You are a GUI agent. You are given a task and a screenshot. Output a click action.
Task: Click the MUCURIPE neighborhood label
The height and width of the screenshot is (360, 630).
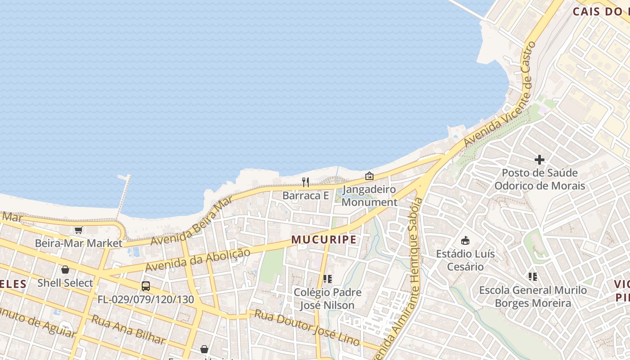324,239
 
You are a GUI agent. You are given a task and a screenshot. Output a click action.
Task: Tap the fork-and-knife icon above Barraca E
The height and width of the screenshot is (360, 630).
306,182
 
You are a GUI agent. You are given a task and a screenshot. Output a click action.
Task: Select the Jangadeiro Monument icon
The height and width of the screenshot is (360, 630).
369,176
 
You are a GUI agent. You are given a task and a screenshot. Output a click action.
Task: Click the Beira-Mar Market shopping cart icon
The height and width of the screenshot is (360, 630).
79,230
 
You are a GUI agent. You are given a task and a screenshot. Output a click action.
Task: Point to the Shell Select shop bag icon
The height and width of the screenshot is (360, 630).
65,270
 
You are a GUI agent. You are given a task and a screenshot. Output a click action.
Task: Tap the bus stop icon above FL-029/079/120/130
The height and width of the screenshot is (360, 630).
146,286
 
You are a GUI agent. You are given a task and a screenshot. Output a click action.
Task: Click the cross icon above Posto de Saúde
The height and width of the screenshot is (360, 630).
540,159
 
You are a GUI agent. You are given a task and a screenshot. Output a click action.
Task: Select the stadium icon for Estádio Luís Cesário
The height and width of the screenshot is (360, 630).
465,241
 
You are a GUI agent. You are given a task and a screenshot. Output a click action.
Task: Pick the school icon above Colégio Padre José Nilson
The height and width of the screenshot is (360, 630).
328,279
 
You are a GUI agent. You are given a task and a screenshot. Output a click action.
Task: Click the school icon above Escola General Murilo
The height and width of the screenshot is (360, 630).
533,277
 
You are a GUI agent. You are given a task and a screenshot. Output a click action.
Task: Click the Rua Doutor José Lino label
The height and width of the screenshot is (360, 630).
307,328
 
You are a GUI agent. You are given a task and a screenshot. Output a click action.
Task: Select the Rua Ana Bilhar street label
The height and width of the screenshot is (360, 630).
128,329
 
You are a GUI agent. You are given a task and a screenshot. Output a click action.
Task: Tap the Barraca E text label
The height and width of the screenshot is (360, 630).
306,196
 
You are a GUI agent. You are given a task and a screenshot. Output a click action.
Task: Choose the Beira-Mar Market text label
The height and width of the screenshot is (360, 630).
79,243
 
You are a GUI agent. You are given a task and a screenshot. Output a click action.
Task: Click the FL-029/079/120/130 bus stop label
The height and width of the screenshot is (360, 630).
146,300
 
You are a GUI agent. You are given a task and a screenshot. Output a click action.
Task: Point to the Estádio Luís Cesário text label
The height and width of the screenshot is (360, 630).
465,260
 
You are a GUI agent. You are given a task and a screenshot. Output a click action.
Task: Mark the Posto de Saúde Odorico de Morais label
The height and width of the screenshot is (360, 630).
540,179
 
